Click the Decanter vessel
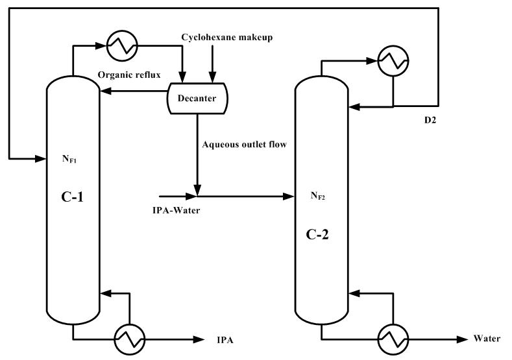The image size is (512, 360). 198,98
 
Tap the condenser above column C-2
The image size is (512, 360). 394,62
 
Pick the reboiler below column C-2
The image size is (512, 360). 393,339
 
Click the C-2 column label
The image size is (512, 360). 317,234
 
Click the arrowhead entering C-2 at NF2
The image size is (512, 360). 290,195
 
